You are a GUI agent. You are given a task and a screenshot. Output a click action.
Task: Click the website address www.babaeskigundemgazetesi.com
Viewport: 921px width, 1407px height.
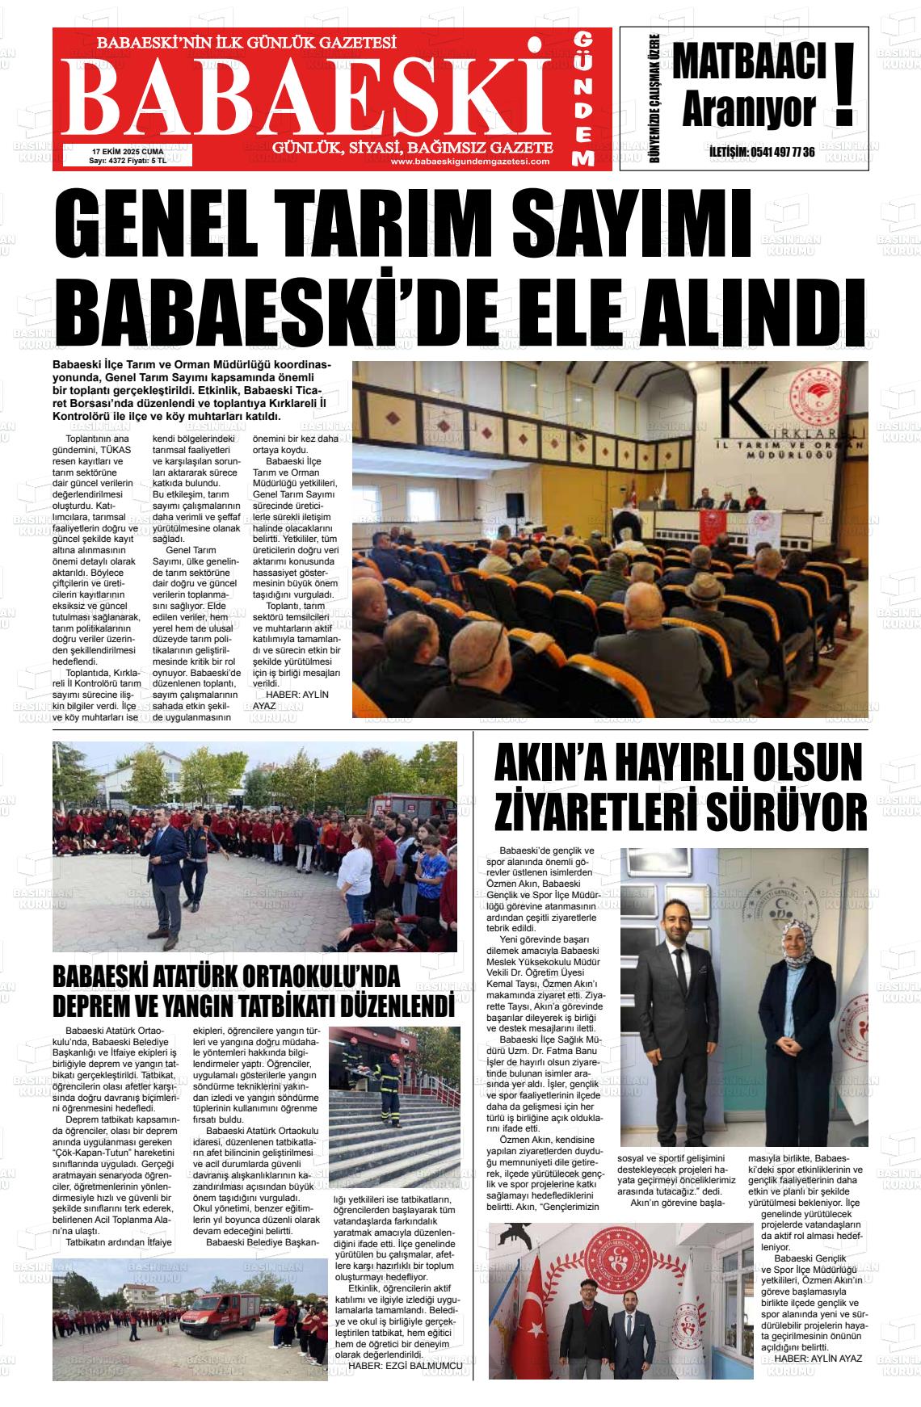tap(469, 162)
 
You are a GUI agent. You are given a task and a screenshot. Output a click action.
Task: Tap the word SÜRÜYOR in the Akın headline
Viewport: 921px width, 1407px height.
tap(787, 812)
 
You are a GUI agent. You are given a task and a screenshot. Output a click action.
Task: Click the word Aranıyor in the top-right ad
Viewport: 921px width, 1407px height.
tap(748, 112)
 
